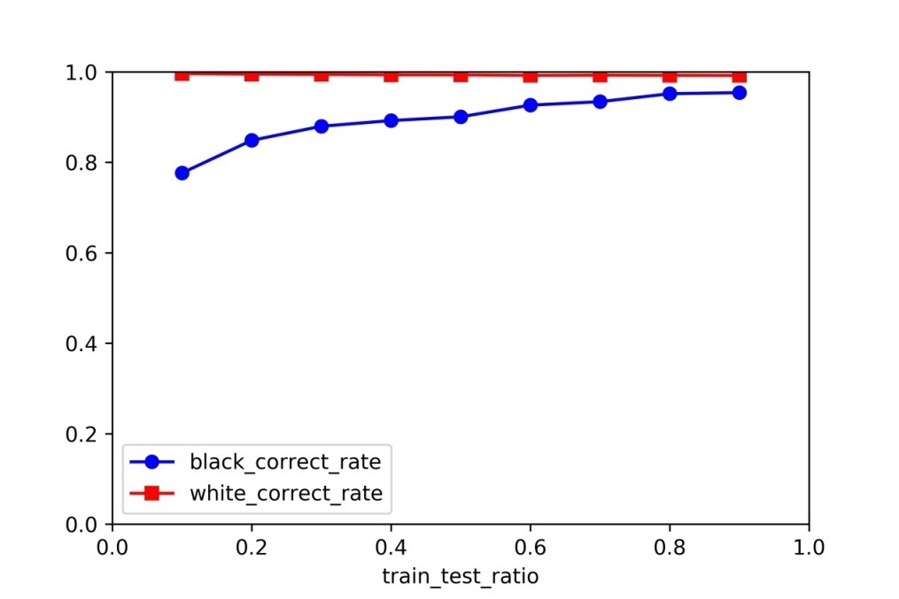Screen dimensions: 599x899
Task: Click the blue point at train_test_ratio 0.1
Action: pyautogui.click(x=182, y=173)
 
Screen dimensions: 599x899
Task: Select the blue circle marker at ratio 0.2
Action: pyautogui.click(x=252, y=140)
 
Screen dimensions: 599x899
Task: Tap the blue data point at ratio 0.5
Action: pyautogui.click(x=461, y=117)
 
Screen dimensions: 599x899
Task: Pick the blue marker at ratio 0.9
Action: pyautogui.click(x=739, y=92)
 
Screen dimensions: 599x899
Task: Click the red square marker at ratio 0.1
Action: pyautogui.click(x=182, y=74)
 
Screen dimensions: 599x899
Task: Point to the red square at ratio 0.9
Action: pyautogui.click(x=739, y=76)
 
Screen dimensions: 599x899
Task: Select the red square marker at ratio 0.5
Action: pyautogui.click(x=461, y=75)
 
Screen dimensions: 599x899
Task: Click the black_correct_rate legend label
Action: pyautogui.click(x=285, y=461)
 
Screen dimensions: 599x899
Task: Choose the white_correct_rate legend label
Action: pyautogui.click(x=285, y=493)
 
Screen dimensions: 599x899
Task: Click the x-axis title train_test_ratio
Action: pyautogui.click(x=460, y=576)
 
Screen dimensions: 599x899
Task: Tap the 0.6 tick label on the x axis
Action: pyautogui.click(x=530, y=547)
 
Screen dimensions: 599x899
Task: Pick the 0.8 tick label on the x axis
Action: pyautogui.click(x=669, y=547)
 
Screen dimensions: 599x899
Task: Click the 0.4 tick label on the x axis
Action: pyautogui.click(x=391, y=547)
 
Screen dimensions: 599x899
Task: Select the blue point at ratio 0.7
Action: pyautogui.click(x=600, y=102)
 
